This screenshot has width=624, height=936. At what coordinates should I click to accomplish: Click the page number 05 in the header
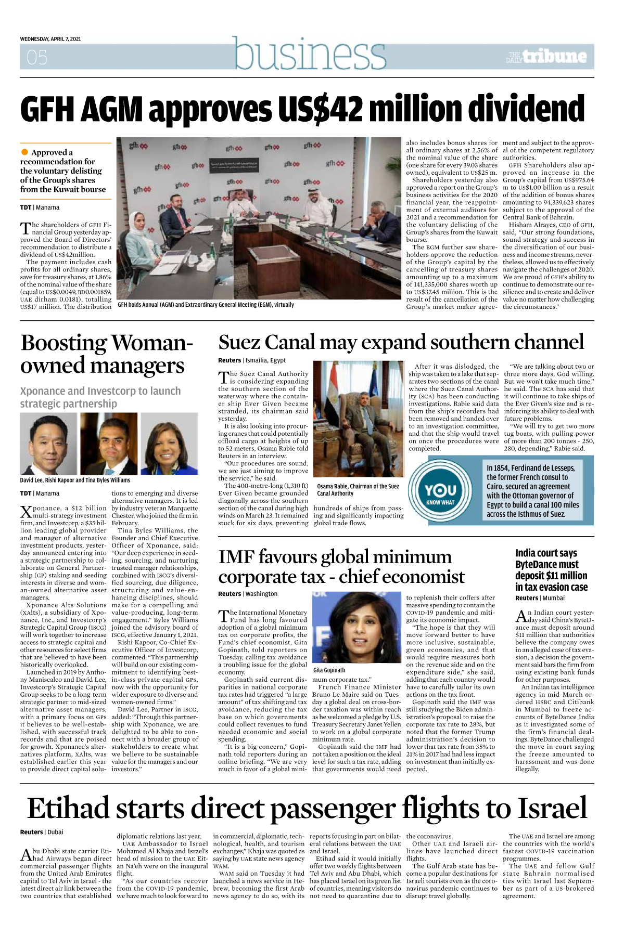tap(37, 57)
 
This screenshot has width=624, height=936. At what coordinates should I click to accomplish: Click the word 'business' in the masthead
tap(310, 54)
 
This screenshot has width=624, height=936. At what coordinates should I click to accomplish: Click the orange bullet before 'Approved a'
tap(24, 152)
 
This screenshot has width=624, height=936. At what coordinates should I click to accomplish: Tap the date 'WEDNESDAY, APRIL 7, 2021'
tap(50, 39)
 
